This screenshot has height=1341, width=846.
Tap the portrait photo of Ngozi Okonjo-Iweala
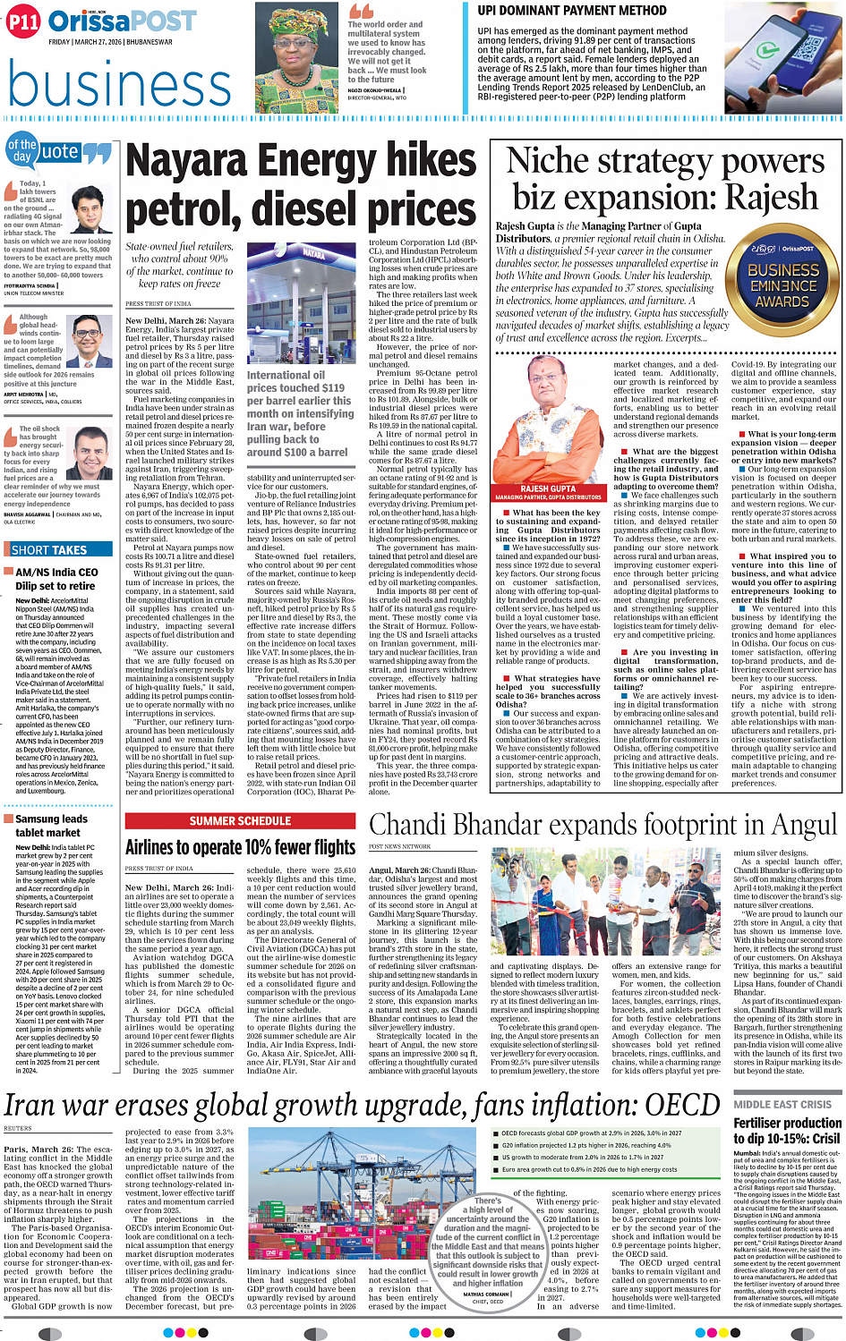(x=296, y=55)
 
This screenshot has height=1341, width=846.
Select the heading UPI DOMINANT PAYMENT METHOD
(x=572, y=11)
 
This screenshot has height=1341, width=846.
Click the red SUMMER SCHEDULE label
(x=240, y=820)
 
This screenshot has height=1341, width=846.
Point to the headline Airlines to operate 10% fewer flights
(x=240, y=846)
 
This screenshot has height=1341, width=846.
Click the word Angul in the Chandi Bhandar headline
(x=798, y=825)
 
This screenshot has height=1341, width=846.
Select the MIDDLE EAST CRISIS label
(x=782, y=1104)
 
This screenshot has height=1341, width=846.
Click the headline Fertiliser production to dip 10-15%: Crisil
(x=787, y=1131)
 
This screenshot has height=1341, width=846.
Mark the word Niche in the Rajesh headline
(x=547, y=161)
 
